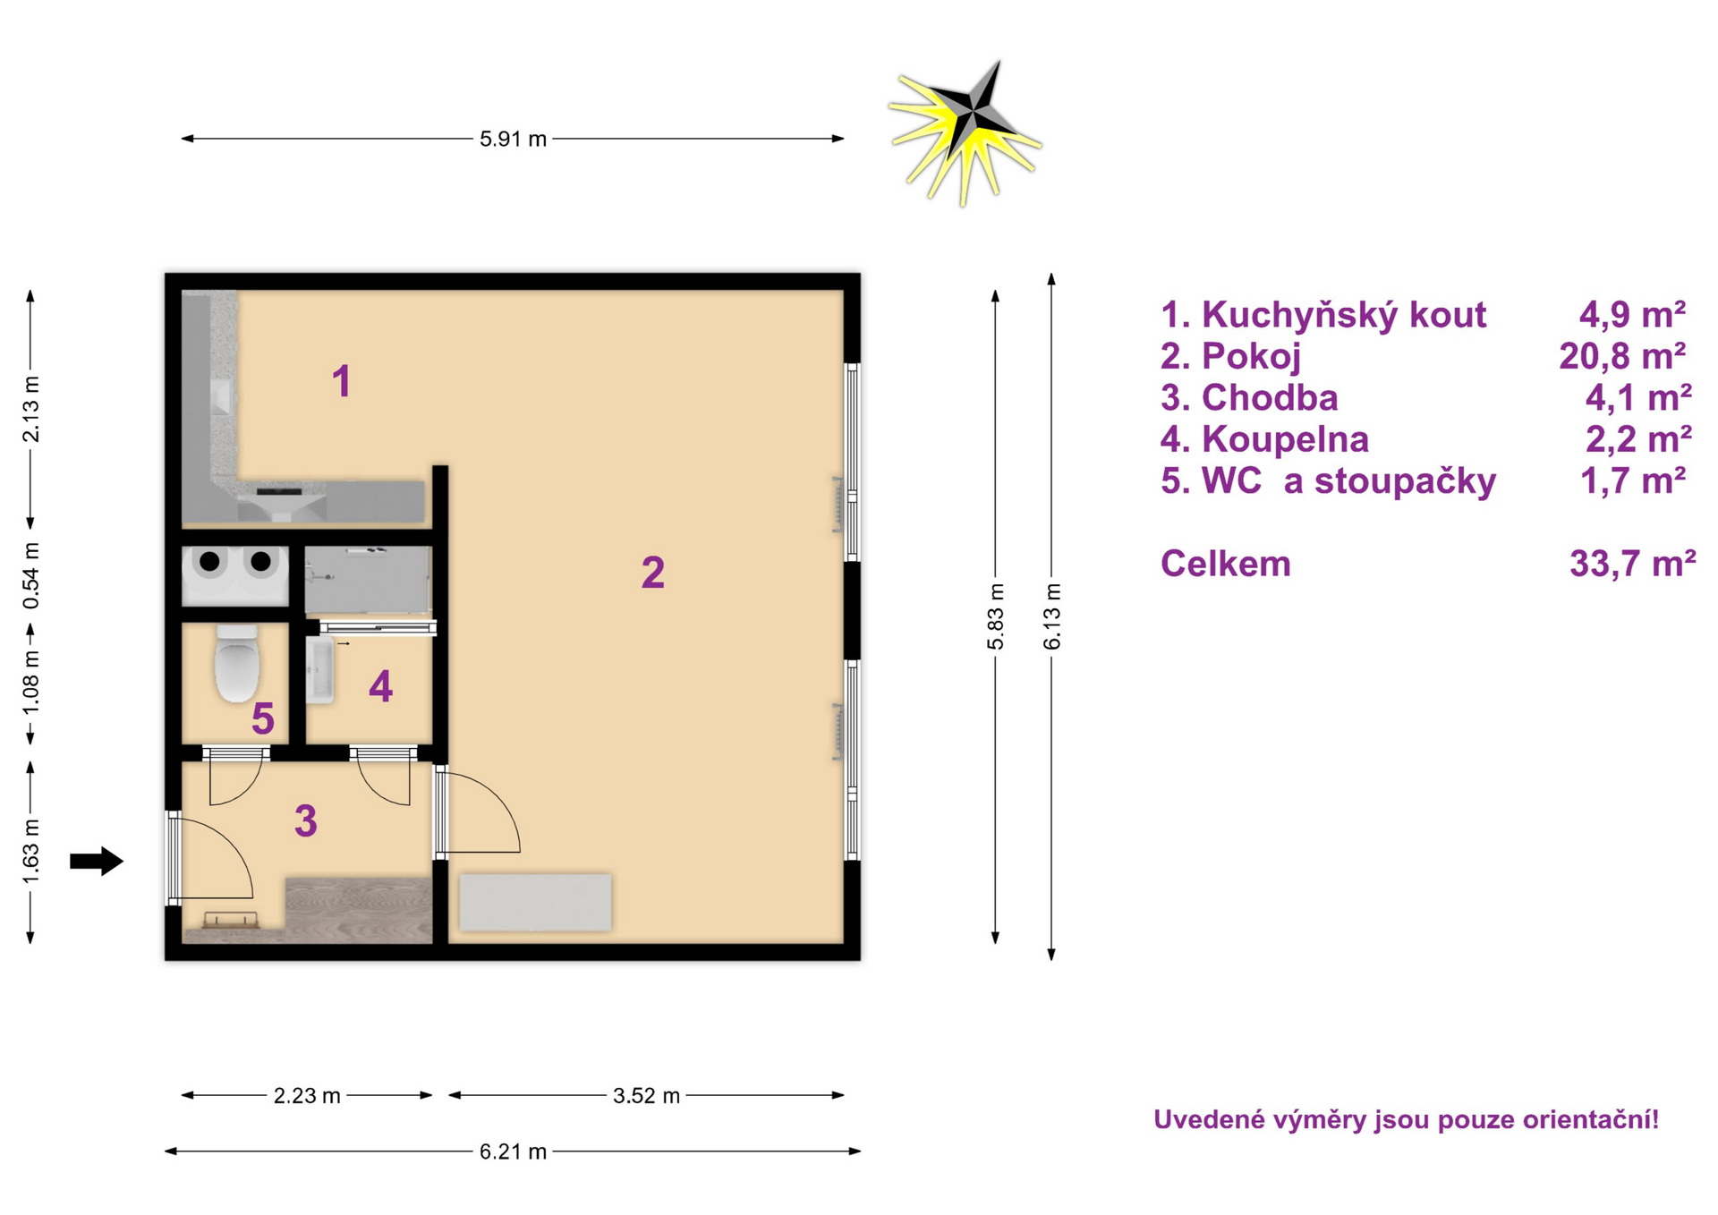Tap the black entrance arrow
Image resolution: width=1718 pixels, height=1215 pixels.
pyautogui.click(x=97, y=861)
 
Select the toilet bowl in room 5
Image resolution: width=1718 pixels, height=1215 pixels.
pyautogui.click(x=237, y=663)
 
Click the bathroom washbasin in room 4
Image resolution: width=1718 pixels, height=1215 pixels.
pyautogui.click(x=319, y=669)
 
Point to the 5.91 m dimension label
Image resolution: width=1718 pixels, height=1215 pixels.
pyautogui.click(x=513, y=139)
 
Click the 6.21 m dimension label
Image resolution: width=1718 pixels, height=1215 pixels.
pyautogui.click(x=513, y=1151)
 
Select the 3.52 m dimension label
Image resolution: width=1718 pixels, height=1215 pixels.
pyautogui.click(x=646, y=1095)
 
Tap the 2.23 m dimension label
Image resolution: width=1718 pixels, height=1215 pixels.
pyautogui.click(x=307, y=1095)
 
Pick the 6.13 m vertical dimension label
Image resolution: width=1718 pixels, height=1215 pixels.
pyautogui.click(x=1052, y=616)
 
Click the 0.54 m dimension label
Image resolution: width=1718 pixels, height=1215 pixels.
pyautogui.click(x=31, y=576)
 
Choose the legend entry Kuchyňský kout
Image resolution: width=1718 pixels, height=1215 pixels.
pyautogui.click(x=1323, y=315)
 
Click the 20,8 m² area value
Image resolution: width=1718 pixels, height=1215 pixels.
pyautogui.click(x=1622, y=356)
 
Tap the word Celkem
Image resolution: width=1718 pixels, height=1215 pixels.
pyautogui.click(x=1225, y=564)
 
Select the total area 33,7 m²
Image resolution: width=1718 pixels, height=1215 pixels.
pyautogui.click(x=1632, y=564)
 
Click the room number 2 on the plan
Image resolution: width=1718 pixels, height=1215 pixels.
pyautogui.click(x=653, y=573)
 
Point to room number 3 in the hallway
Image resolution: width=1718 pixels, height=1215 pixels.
pyautogui.click(x=306, y=820)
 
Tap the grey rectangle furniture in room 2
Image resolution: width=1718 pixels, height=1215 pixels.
pyautogui.click(x=535, y=903)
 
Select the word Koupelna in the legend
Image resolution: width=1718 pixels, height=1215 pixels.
pyautogui.click(x=1285, y=439)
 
